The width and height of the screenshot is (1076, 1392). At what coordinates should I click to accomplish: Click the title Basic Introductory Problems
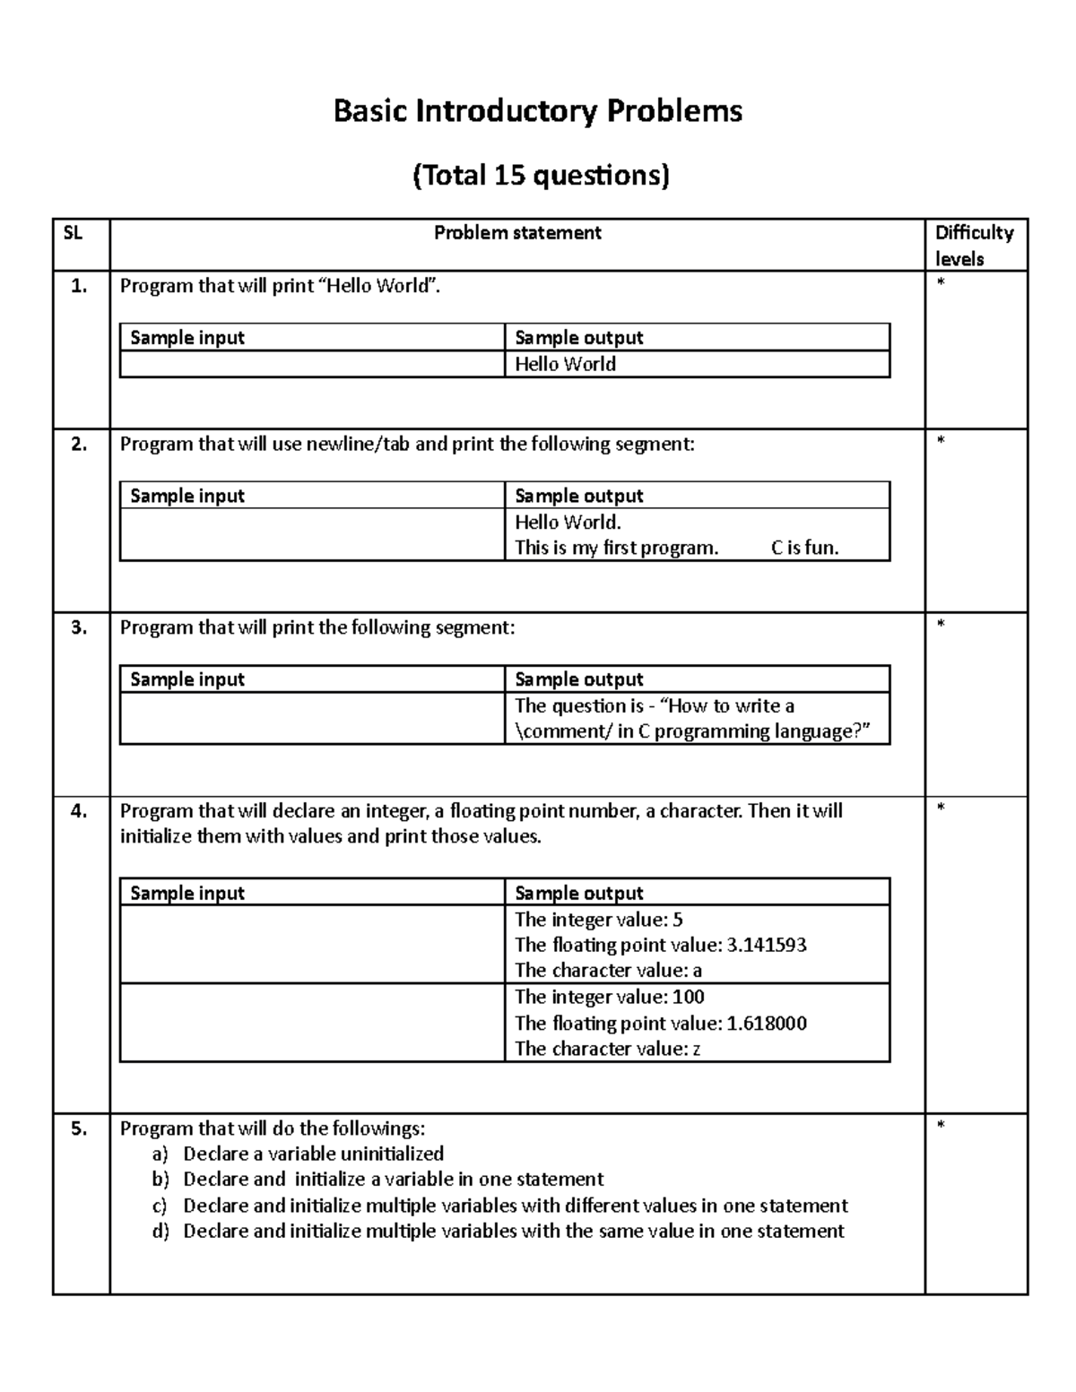[537, 111]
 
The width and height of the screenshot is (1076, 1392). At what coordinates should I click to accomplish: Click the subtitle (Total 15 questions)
[540, 175]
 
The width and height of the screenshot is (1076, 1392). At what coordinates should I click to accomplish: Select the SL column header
[73, 233]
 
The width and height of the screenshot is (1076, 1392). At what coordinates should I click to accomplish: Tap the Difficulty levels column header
[974, 246]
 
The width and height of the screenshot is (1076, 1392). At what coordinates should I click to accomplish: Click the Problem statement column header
[517, 233]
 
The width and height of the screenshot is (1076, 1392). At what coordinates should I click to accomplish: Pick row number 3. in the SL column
[79, 627]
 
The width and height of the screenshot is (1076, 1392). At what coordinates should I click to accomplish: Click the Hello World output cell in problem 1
[565, 364]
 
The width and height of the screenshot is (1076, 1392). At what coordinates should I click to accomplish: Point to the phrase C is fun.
[804, 548]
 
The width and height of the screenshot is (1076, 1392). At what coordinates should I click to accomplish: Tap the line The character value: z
[607, 1049]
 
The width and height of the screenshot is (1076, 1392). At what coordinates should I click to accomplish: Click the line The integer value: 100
[609, 997]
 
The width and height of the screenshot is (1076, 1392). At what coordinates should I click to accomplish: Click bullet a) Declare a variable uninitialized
[313, 1154]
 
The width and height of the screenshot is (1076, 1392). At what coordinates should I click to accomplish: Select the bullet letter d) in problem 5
[161, 1231]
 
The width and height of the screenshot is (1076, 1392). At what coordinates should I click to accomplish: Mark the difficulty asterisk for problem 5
[941, 1126]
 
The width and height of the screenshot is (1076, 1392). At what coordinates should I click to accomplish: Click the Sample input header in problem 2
[187, 496]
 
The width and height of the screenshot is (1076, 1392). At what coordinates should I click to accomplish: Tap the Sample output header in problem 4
[578, 893]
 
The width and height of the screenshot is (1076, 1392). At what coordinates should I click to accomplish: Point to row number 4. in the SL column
[79, 811]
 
